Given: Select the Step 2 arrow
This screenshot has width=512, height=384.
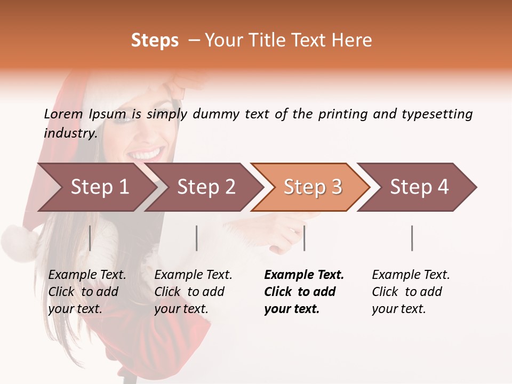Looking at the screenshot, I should tap(203, 187).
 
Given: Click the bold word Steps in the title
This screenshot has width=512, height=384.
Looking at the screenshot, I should tap(155, 41).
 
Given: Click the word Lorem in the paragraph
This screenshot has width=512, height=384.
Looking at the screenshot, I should tap(63, 114).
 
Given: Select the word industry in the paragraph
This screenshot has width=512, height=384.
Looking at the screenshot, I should tap(70, 133).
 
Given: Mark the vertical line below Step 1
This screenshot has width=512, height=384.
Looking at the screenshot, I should tap(90, 238).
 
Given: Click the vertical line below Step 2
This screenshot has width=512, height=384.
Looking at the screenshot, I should tap(197, 238).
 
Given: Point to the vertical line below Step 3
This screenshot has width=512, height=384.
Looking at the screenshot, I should tap(304, 238).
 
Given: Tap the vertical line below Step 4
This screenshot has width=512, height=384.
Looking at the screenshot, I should tap(412, 238).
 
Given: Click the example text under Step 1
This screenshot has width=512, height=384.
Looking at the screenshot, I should tap(87, 292).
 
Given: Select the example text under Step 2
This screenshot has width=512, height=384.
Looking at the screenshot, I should tap(193, 292).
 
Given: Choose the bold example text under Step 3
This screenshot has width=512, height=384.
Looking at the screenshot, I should tap(303, 292).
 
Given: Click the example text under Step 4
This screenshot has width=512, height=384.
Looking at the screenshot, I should tap(411, 292).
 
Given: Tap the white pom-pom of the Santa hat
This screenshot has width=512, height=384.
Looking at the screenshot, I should tap(19, 243).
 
